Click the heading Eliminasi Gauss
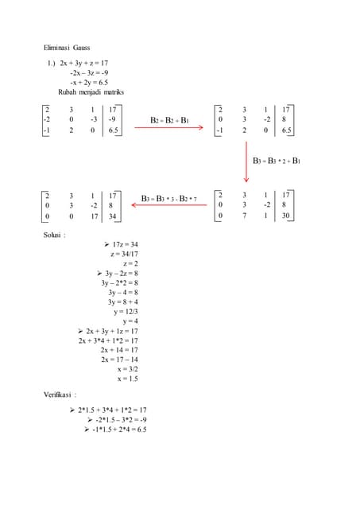tap(67, 48)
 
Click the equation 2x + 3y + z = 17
tap(88, 62)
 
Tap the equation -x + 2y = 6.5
tap(89, 81)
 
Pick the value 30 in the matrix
tap(285, 216)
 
